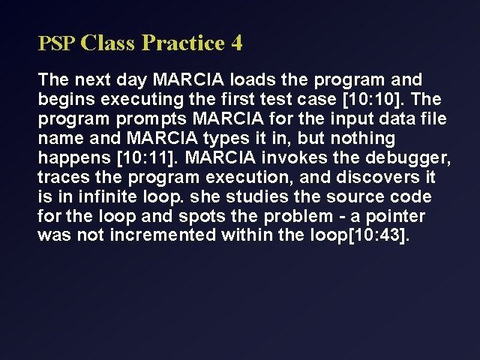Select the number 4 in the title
[237, 43]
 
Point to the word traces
[61, 177]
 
